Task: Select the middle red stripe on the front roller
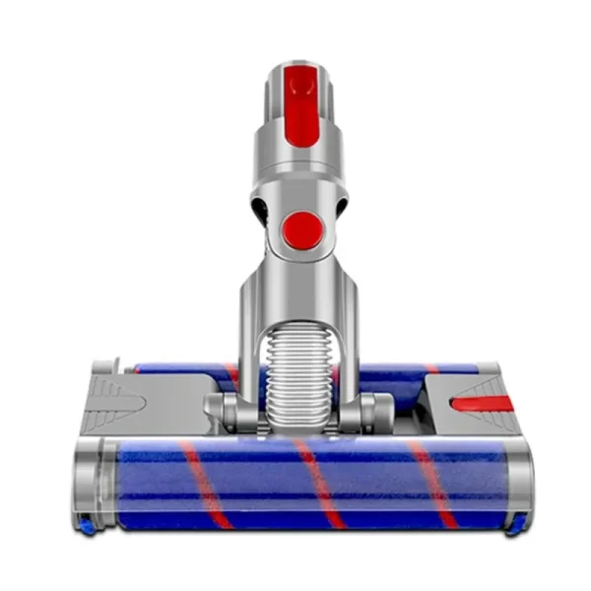(318, 482)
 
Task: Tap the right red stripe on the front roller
(432, 482)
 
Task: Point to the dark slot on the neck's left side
(258, 208)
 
